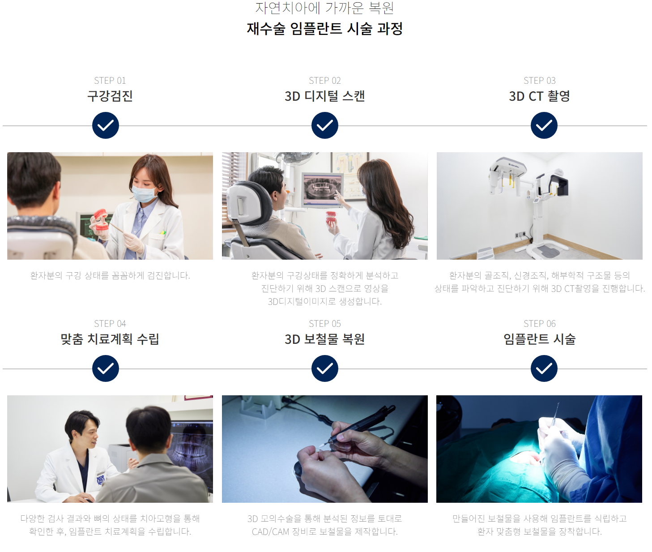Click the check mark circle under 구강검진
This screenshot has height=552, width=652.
tap(105, 125)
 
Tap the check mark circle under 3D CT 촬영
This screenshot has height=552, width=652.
tap(544, 125)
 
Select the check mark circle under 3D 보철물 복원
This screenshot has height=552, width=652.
tap(324, 368)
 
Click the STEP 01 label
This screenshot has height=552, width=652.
tap(110, 81)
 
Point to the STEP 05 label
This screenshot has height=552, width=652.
tap(324, 324)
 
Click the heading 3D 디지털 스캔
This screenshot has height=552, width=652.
tap(324, 96)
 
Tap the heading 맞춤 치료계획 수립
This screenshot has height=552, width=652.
tap(110, 339)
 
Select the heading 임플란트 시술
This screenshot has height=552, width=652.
tap(539, 339)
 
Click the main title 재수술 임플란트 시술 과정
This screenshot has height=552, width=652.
tap(324, 29)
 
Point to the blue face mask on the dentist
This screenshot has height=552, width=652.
tap(144, 193)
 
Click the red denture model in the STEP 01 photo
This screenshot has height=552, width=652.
tap(100, 219)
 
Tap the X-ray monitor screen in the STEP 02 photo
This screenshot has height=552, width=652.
tap(322, 189)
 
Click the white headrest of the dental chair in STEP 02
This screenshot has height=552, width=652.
tap(249, 202)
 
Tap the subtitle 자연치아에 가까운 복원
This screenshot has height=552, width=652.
tap(324, 8)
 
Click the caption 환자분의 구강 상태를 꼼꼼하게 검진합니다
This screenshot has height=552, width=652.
tap(110, 275)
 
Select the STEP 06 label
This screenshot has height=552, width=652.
tap(539, 324)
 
